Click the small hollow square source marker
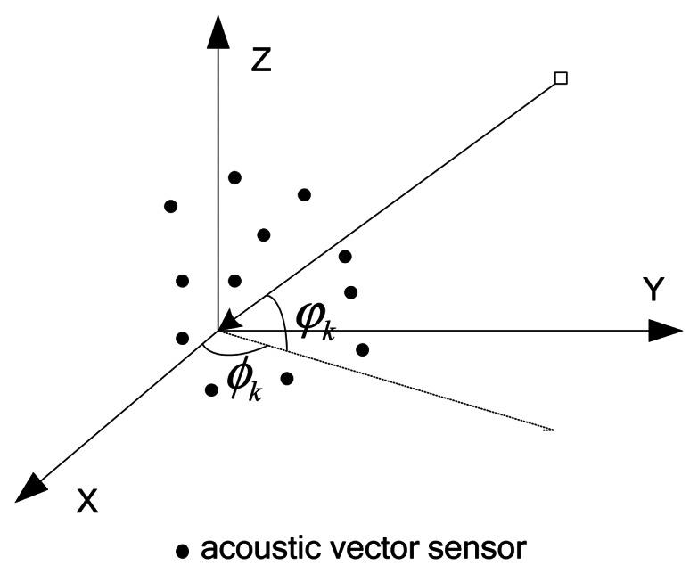[x=561, y=78]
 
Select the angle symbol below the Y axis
[x=243, y=379]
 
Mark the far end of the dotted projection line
[x=552, y=430]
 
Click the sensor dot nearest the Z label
[x=235, y=177]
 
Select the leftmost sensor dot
[x=171, y=206]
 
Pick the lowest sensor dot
[x=211, y=389]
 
